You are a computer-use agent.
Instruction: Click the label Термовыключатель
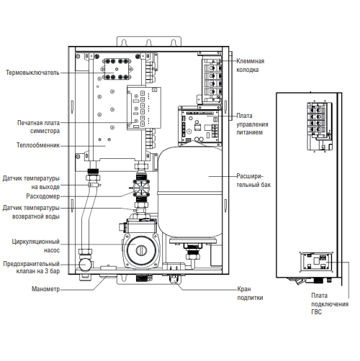[32, 73]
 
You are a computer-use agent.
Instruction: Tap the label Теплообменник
[38, 145]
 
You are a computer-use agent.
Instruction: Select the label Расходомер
[43, 196]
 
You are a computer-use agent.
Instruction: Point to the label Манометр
[45, 289]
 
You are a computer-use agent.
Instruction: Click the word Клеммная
[251, 61]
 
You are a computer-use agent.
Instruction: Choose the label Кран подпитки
[250, 293]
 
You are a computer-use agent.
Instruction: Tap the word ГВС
[316, 312]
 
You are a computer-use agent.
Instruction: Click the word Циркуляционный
[36, 242]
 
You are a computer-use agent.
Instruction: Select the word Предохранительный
[32, 264]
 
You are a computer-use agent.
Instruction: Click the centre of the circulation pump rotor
[140, 250]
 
